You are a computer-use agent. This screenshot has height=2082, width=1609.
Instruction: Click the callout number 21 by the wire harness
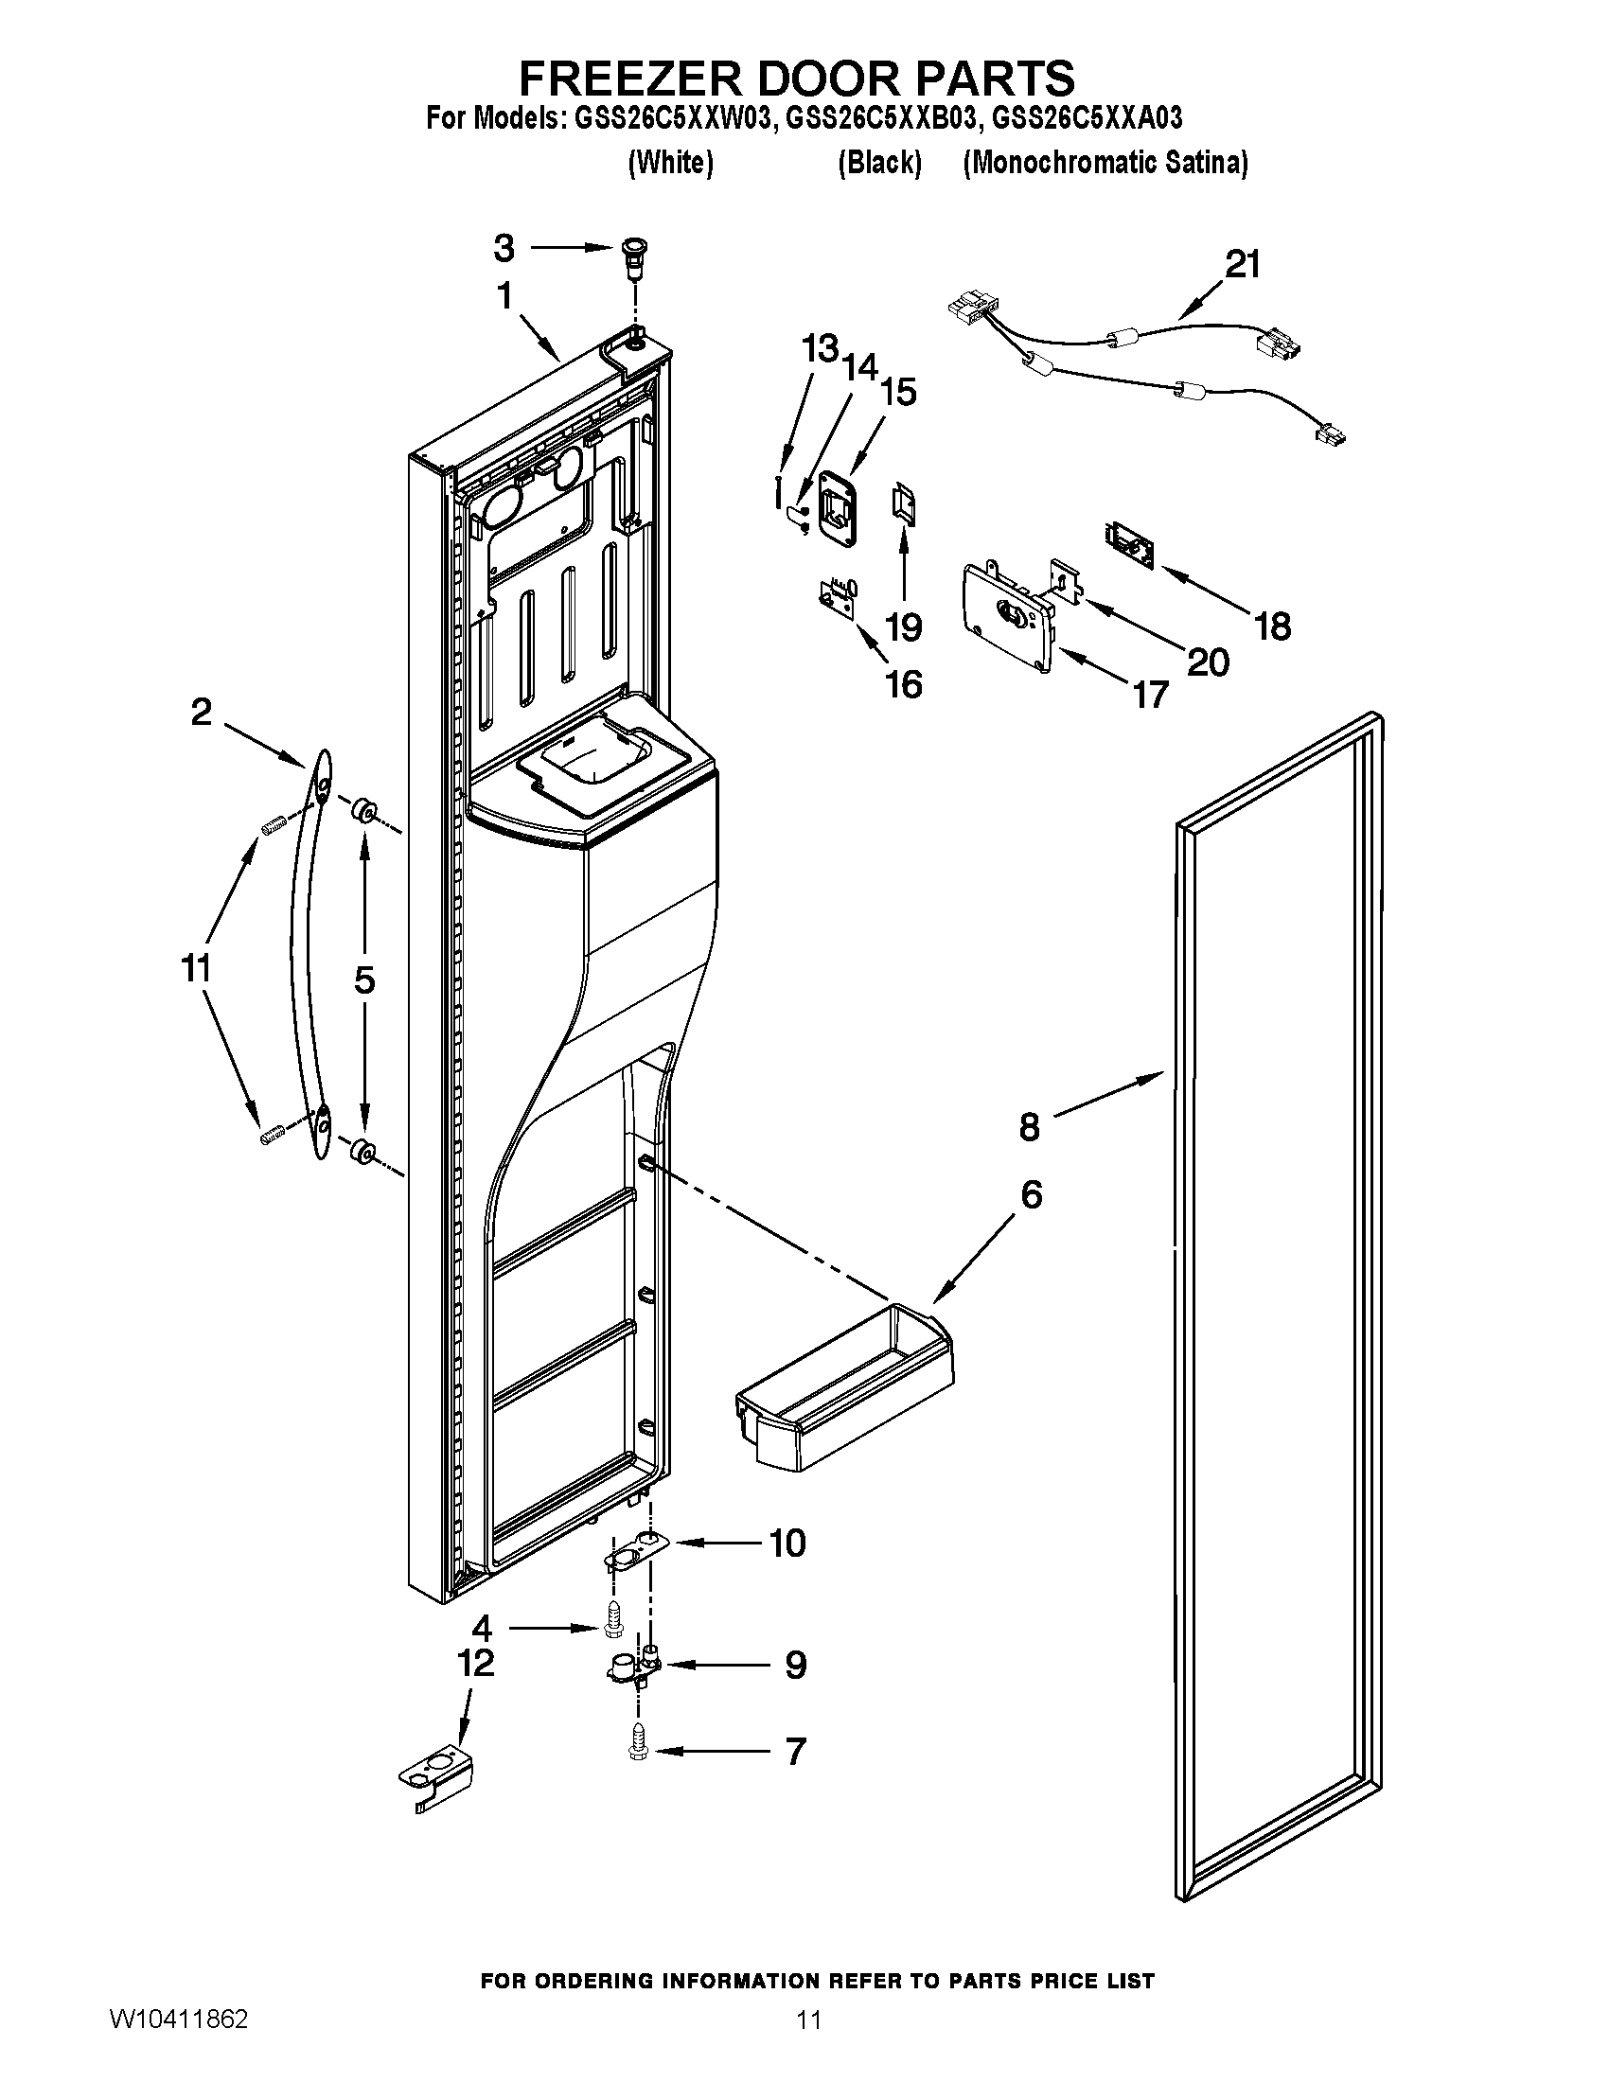coord(1241,264)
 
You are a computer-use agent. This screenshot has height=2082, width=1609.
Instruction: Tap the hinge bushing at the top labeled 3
coord(631,254)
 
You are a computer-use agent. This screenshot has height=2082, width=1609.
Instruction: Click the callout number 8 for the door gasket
coord(1030,1127)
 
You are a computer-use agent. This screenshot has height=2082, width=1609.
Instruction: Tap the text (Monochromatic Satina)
coord(1105,163)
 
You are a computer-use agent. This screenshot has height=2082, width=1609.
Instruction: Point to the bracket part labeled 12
coord(434,1778)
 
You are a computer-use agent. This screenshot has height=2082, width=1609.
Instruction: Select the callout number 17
coord(1151,694)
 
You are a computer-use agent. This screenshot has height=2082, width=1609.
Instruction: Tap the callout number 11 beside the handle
coord(196,968)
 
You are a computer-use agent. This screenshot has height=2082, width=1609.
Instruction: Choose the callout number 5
coord(365,980)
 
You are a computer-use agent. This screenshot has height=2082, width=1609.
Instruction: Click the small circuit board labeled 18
coord(1129,544)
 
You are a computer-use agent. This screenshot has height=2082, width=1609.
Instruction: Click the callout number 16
coord(903,684)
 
